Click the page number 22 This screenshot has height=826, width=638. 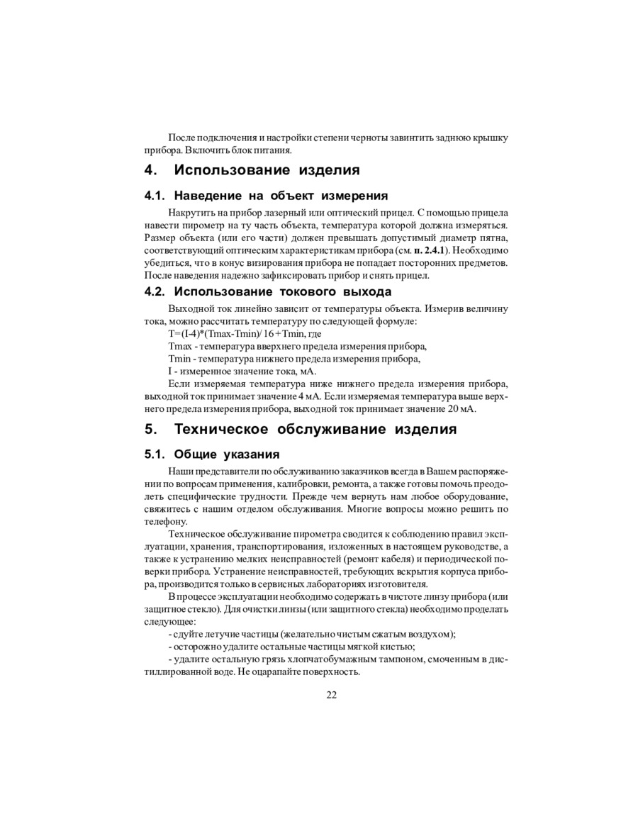(331, 695)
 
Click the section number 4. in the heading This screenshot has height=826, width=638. (150, 170)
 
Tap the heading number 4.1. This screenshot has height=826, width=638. (155, 196)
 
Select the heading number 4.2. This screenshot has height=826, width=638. (155, 291)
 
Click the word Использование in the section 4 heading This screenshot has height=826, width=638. (233, 170)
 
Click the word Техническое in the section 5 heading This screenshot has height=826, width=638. (220, 429)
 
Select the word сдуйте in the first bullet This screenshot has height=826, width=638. (188, 634)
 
